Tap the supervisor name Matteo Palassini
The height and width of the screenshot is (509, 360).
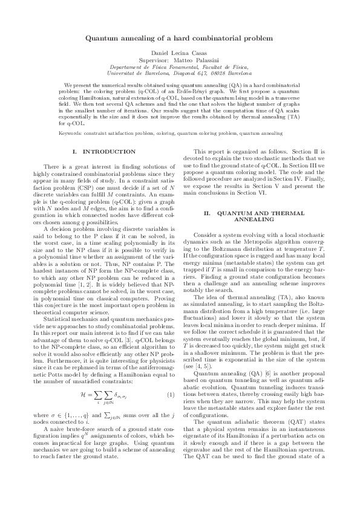200,61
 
